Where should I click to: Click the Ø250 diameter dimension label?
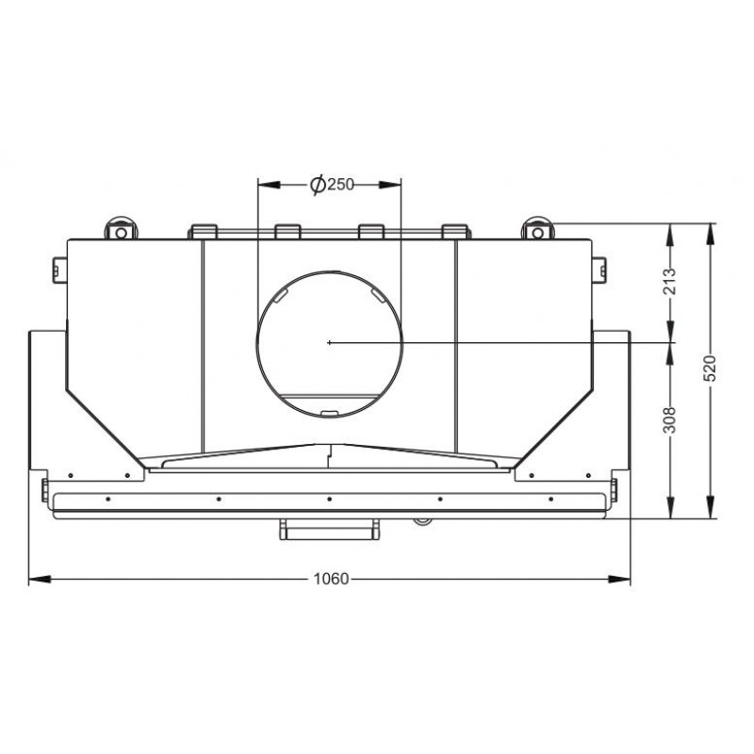(x=332, y=184)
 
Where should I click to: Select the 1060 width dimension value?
(x=331, y=579)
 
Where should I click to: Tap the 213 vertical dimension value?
(x=669, y=281)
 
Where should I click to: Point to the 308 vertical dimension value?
(x=669, y=419)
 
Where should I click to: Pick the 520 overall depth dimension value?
(x=710, y=369)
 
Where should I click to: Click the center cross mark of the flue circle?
(x=329, y=342)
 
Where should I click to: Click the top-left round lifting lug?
(x=122, y=229)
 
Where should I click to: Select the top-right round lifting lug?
(x=537, y=229)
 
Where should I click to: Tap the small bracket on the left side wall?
(x=59, y=270)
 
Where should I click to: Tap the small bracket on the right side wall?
(x=598, y=270)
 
